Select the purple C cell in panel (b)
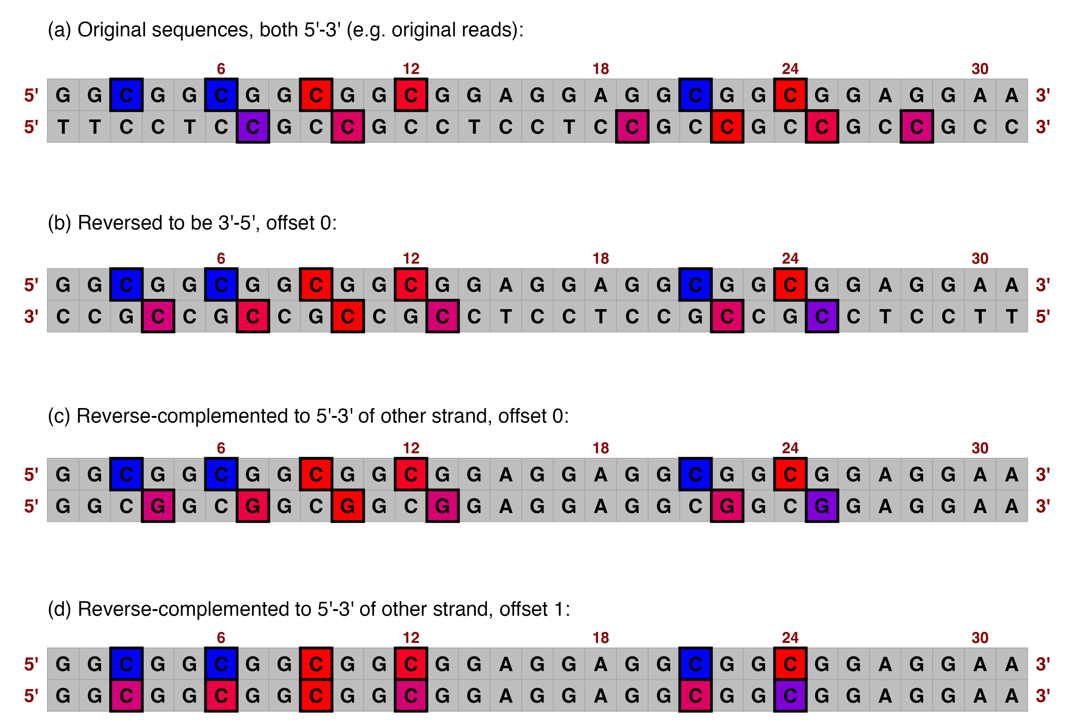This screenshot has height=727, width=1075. [x=821, y=316]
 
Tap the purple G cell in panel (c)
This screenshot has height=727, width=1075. [x=821, y=506]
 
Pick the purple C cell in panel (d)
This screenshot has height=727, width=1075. [x=790, y=696]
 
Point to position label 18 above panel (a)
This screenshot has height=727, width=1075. [x=600, y=69]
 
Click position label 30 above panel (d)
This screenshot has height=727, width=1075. [x=980, y=638]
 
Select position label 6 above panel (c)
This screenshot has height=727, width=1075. [x=221, y=448]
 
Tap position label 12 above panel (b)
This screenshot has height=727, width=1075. [x=411, y=259]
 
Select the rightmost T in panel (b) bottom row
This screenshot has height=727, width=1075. [x=1011, y=316]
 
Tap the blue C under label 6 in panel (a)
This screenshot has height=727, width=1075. [x=221, y=95]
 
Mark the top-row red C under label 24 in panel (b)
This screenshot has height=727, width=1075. [x=790, y=285]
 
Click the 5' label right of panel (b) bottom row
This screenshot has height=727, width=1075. [x=1043, y=317]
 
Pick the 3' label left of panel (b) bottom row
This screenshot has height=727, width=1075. [x=31, y=317]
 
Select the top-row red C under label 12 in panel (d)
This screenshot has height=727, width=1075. [x=411, y=664]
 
